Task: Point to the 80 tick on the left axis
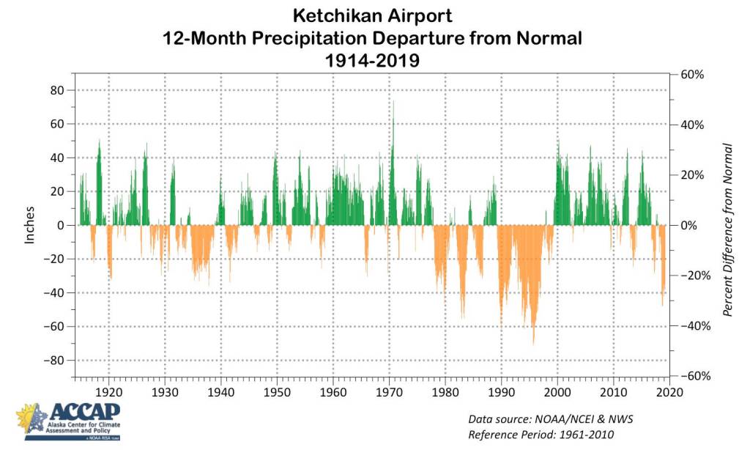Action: (x=56, y=90)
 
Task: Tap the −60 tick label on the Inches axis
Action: (x=53, y=327)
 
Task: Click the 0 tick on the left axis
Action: (x=62, y=226)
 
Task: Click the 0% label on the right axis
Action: (x=689, y=226)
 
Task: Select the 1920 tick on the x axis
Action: (x=108, y=392)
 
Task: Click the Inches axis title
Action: (x=30, y=226)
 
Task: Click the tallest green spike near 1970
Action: (x=393, y=103)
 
